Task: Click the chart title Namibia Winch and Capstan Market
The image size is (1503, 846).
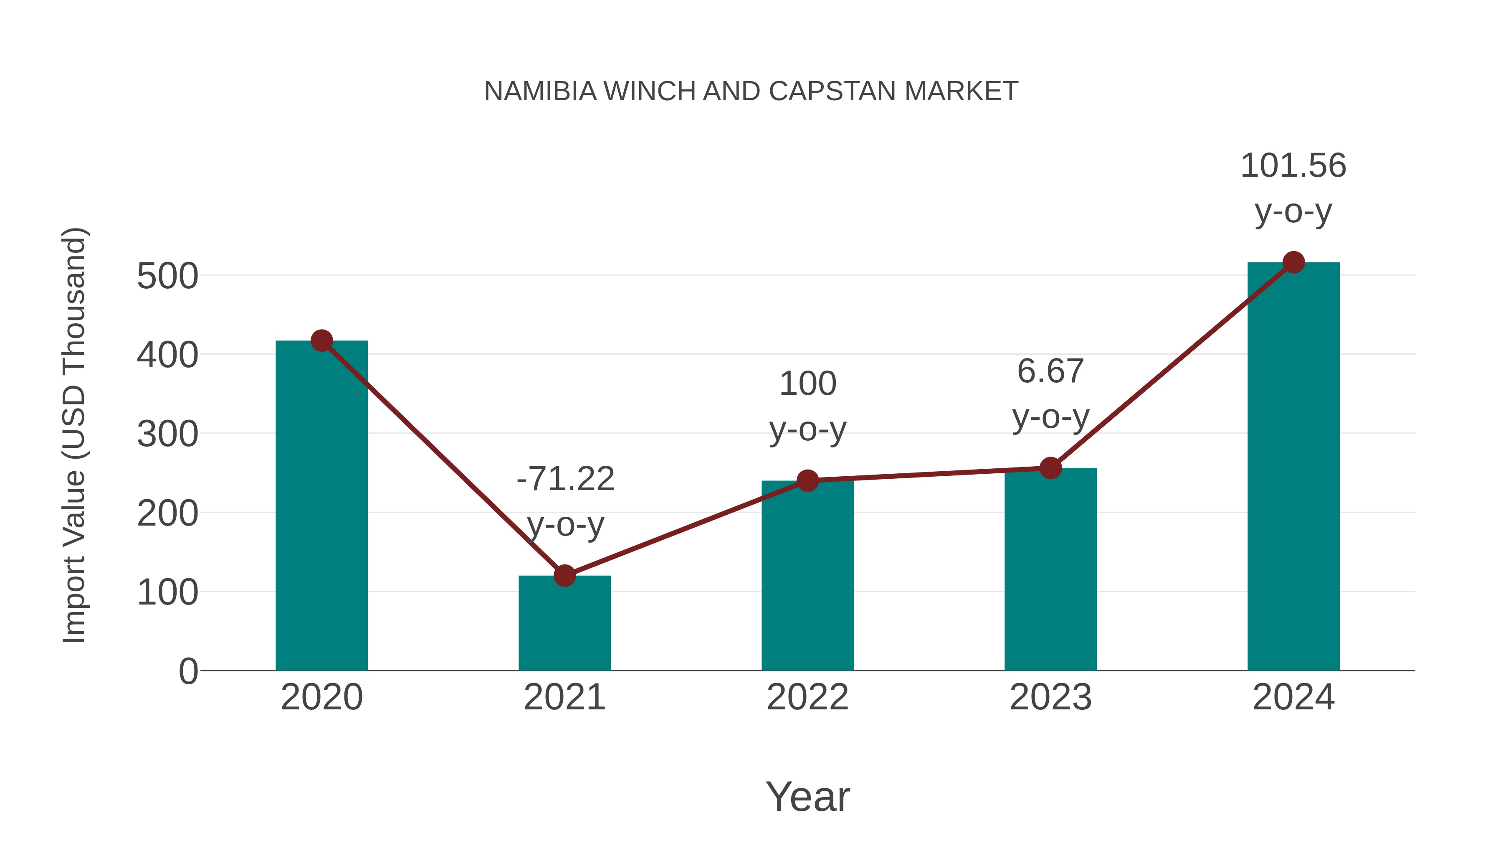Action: [x=751, y=91]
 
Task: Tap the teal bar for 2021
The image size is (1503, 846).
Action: [x=564, y=625]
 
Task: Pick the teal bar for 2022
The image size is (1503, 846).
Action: [x=807, y=578]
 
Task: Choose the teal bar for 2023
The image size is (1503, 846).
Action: [x=1050, y=572]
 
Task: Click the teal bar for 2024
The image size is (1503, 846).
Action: [x=1293, y=467]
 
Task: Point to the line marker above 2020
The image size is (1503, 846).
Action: [x=321, y=340]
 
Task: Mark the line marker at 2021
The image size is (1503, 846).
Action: [x=564, y=576]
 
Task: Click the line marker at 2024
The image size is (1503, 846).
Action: [x=1293, y=263]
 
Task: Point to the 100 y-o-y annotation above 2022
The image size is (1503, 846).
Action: [x=807, y=406]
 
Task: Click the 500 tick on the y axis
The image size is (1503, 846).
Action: [x=167, y=276]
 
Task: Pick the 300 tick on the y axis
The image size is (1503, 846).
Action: [x=167, y=434]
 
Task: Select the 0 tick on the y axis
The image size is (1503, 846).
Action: [x=188, y=671]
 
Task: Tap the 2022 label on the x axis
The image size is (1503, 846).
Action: [x=807, y=697]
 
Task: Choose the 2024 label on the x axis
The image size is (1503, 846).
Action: [x=1293, y=697]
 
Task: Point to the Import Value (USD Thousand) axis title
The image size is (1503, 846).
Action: [x=74, y=435]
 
